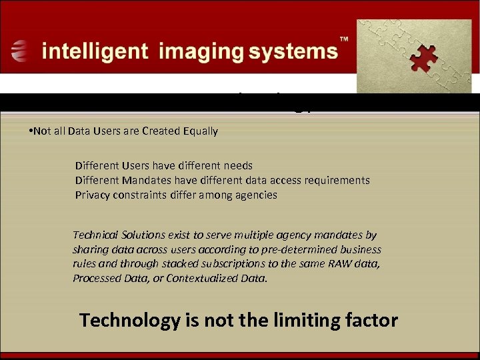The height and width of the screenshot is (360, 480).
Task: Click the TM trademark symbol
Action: click(x=345, y=40)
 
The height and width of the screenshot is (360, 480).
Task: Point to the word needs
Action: click(x=238, y=165)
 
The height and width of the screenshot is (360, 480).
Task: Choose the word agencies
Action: click(x=257, y=195)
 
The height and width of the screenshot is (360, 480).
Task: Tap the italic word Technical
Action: click(x=95, y=235)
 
